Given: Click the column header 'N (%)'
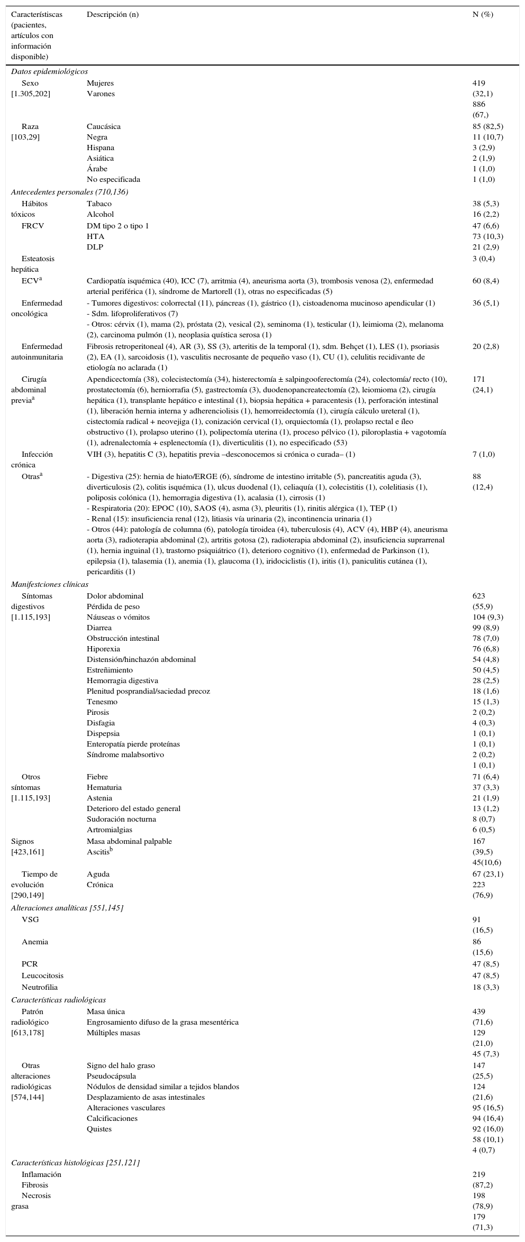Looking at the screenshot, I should coord(482,14).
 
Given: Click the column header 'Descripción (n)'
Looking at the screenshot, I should coord(113,14).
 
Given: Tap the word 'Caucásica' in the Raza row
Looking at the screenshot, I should coord(104,126).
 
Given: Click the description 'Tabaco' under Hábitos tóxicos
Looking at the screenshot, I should coord(99,204).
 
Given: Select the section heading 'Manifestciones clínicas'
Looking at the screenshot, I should coord(50,584).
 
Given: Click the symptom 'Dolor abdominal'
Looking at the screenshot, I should coord(115,596).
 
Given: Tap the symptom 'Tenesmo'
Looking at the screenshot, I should coord(102,702).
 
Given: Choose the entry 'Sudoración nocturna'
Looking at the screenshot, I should coord(121,819).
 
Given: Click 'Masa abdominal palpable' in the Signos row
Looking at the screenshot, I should coord(129,841).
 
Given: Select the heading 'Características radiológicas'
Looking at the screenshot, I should coord(58,1000).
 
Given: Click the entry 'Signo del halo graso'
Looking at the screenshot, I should coord(121,1065).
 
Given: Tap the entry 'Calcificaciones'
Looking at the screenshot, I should coord(112,1118).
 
